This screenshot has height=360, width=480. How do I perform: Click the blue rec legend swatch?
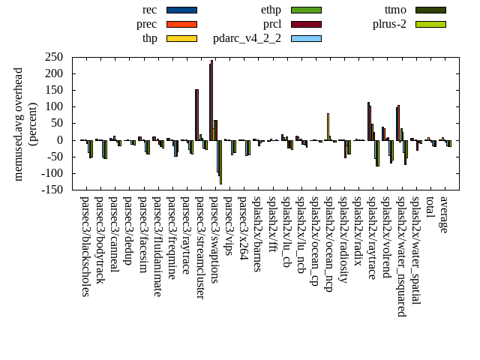[181, 10]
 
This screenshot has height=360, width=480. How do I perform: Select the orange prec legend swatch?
[181, 24]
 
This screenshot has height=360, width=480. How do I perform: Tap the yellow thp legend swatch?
[181, 38]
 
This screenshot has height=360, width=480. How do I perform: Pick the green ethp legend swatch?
[306, 10]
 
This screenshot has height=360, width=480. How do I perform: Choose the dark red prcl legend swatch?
[306, 24]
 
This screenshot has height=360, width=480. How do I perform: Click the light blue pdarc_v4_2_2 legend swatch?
[306, 38]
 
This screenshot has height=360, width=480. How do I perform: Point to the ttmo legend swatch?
[430, 10]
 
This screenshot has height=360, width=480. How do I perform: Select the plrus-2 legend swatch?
[430, 24]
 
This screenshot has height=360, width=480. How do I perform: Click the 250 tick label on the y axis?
[53, 57]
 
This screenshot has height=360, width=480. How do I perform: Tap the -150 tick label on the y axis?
[51, 190]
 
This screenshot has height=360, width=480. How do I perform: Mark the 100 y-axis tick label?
[53, 106]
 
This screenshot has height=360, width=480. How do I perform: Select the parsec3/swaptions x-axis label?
[214, 239]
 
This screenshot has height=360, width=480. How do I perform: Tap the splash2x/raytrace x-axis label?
[372, 238]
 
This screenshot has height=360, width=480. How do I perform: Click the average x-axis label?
[444, 214]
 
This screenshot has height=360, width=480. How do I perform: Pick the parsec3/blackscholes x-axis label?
[85, 246]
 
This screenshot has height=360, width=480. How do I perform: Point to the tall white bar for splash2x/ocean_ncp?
[328, 126]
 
